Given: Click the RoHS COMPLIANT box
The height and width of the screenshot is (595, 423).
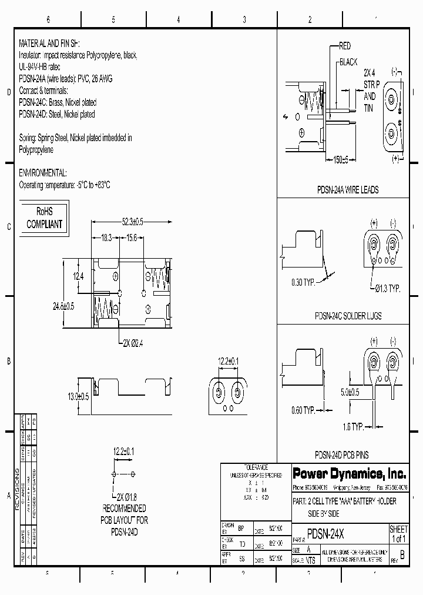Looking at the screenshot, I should click(x=44, y=218).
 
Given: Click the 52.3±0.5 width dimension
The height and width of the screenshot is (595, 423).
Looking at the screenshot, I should click(x=133, y=222).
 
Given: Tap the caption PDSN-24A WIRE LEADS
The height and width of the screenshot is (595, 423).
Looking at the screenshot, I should click(x=347, y=190).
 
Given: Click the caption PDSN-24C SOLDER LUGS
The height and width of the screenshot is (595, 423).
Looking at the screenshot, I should click(x=348, y=316).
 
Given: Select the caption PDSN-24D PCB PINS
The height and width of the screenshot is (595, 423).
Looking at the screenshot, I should click(x=342, y=454).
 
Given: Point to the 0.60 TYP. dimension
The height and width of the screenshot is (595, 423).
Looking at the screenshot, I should click(x=304, y=410).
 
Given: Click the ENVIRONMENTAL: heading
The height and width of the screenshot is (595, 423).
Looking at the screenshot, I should click(x=43, y=173).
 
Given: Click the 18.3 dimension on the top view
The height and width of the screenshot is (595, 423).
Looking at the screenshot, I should click(x=106, y=237).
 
